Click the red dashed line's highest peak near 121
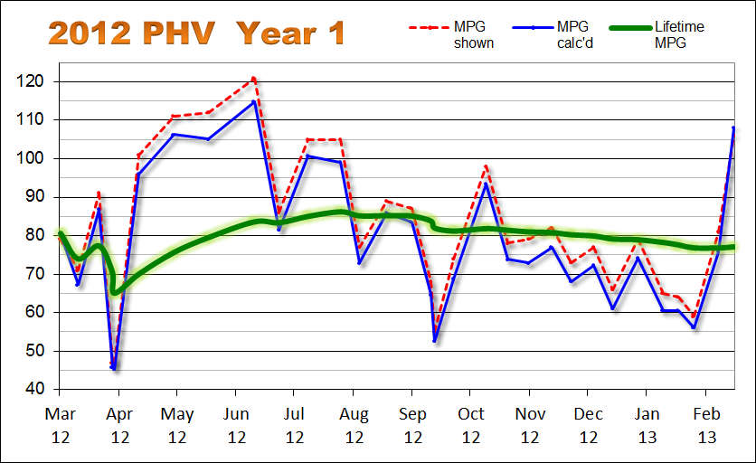click(x=254, y=78)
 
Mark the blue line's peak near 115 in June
click(x=254, y=101)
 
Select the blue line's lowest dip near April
click(x=114, y=368)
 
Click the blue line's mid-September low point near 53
click(x=435, y=340)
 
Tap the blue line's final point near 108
click(x=732, y=128)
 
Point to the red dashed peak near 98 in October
click(x=487, y=166)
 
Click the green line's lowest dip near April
click(x=115, y=292)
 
